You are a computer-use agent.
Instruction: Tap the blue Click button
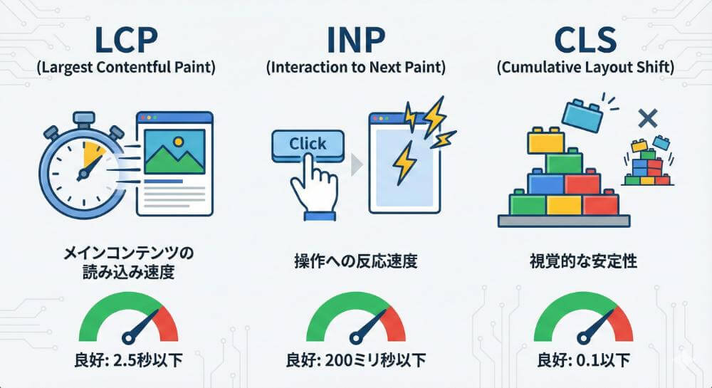(x=308, y=145)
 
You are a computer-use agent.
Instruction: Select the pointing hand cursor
(x=311, y=187)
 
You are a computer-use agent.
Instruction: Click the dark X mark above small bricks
(x=646, y=118)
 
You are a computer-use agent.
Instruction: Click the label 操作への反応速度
(x=356, y=261)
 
